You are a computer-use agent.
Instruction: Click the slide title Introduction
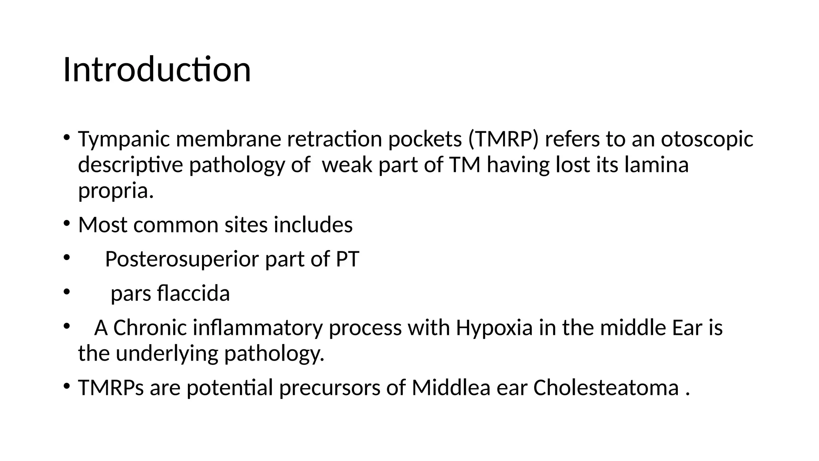(x=157, y=70)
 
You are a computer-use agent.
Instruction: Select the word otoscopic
(x=707, y=139)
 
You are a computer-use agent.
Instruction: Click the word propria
(x=116, y=190)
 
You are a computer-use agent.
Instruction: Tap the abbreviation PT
(x=347, y=259)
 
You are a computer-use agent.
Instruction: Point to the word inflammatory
(x=258, y=328)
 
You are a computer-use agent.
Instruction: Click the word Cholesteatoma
(x=606, y=388)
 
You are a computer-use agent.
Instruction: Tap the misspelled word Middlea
(x=451, y=388)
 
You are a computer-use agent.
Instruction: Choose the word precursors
(x=330, y=388)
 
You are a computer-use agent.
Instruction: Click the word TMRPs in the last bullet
(x=111, y=388)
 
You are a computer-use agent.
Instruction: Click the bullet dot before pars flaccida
(x=66, y=292)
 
